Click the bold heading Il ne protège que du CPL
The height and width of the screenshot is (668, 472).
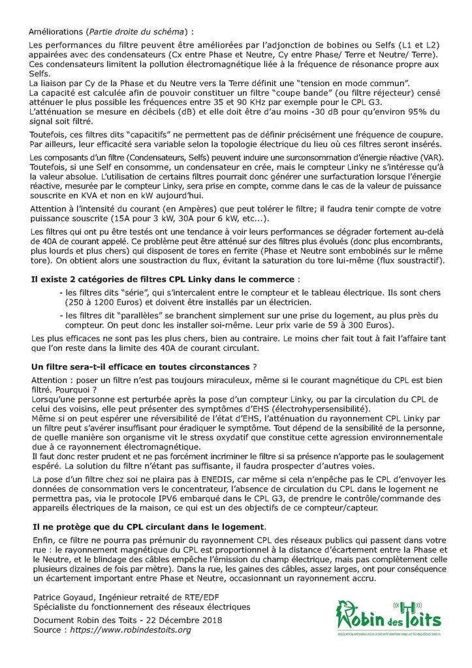(148, 526)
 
